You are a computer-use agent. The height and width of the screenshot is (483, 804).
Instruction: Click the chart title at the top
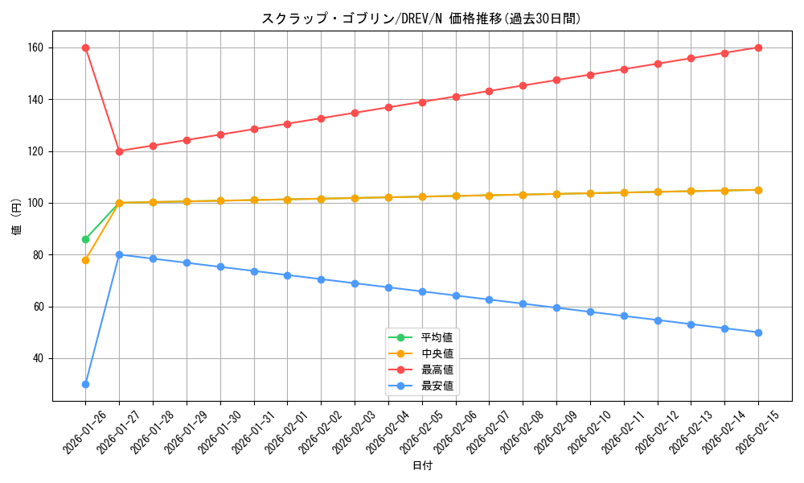point(421,19)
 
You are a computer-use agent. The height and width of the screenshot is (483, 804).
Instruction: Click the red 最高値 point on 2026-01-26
point(85,47)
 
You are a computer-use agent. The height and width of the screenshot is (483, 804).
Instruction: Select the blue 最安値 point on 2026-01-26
point(85,384)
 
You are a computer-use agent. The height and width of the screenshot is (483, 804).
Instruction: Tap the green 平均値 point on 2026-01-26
point(85,239)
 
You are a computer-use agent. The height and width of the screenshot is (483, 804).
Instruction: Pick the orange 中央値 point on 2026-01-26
point(85,260)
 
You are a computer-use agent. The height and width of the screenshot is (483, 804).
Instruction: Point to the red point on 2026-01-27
point(119,151)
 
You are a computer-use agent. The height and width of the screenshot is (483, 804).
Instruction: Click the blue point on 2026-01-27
point(119,254)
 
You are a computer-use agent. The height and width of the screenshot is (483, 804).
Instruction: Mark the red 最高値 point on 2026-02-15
point(758,47)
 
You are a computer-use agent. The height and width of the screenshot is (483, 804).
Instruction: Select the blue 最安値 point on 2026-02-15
point(758,332)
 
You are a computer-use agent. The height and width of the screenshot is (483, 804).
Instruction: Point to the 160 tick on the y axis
point(39,47)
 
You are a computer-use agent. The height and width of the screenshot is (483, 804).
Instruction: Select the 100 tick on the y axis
point(39,203)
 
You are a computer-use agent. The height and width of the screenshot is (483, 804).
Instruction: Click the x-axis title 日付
point(422,466)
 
